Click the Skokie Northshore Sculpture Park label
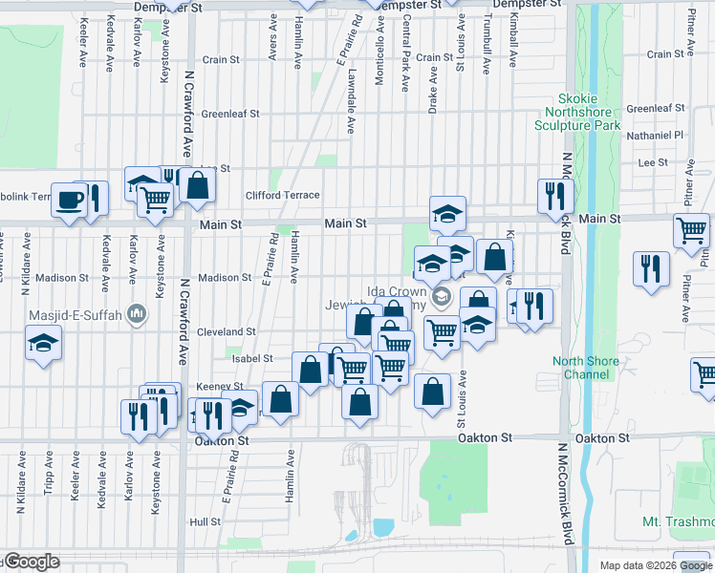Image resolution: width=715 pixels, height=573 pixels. (591, 113)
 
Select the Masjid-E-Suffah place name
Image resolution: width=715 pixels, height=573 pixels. (80, 312)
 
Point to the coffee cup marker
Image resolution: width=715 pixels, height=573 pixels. (70, 200)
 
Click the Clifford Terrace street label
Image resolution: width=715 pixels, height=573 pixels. (282, 195)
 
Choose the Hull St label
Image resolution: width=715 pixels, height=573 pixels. (206, 522)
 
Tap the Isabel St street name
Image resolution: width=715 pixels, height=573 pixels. (254, 358)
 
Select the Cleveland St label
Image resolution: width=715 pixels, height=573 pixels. (227, 331)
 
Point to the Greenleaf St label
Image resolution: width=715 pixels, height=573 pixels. (230, 114)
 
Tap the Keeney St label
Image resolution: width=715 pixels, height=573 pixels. (215, 387)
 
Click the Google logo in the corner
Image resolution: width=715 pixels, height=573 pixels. (31, 562)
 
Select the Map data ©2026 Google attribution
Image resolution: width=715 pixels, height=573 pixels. (657, 565)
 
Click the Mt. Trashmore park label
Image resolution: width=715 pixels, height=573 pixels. (678, 522)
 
